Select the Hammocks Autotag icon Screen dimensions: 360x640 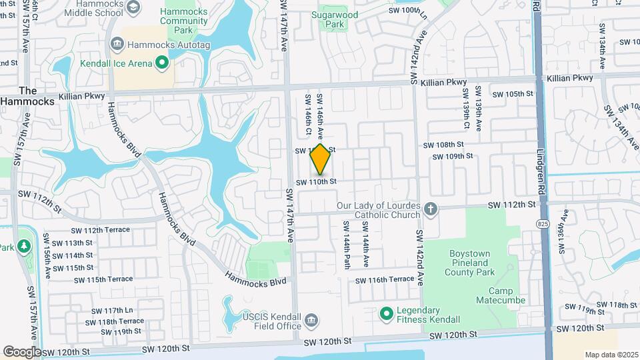tap(117, 44)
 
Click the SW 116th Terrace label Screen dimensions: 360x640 tap(384, 279)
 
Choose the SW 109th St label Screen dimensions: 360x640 tap(453, 157)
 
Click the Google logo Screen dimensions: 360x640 tap(22, 351)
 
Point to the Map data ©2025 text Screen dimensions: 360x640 tap(611, 355)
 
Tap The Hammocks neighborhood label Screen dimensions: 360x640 tap(27, 95)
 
